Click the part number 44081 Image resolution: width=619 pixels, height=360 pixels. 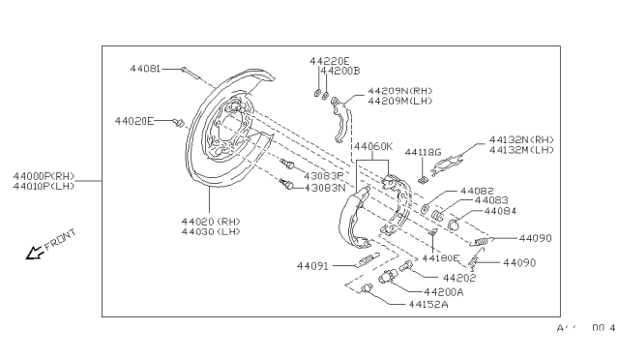pyautogui.click(x=146, y=69)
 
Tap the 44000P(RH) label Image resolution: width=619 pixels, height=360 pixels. pyautogui.click(x=44, y=175)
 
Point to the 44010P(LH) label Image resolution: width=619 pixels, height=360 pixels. pyautogui.click(x=44, y=187)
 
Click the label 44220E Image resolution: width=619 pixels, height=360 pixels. pyautogui.click(x=329, y=60)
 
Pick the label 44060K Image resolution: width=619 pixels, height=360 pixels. pyautogui.click(x=373, y=147)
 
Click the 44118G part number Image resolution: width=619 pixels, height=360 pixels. pyautogui.click(x=423, y=152)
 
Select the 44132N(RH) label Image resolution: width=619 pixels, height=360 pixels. pyautogui.click(x=521, y=138)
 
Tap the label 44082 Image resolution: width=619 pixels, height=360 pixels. pyautogui.click(x=477, y=191)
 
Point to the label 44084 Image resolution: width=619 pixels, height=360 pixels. pyautogui.click(x=500, y=210)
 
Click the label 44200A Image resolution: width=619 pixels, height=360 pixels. pyautogui.click(x=444, y=291)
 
